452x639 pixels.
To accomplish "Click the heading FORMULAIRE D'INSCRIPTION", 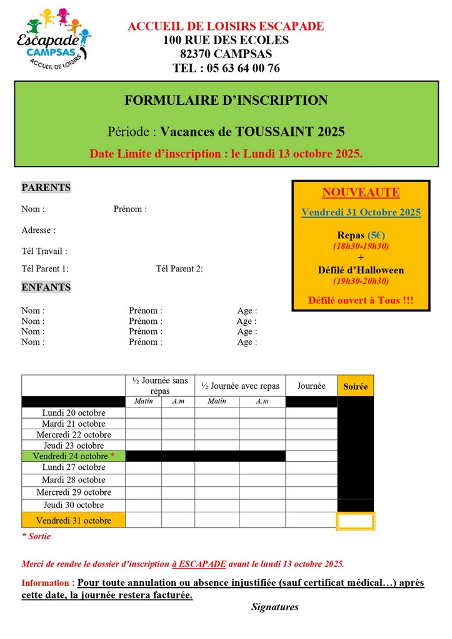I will point(226,100).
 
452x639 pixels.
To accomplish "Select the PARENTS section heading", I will point(46,187).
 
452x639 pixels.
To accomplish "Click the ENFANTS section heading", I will point(46,287).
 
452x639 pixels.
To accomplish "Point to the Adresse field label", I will point(38,230).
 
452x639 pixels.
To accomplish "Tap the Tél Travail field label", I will point(44,251).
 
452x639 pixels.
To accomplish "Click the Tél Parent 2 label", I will point(179,269).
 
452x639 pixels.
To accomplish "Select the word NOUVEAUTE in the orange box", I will point(361,192).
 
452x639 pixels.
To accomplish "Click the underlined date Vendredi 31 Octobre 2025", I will point(361,212).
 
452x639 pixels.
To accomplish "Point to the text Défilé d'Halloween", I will point(361,270).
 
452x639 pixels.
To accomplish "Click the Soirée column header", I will point(355,387).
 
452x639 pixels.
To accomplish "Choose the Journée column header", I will point(311,386).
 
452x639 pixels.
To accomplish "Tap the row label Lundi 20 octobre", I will point(74,412).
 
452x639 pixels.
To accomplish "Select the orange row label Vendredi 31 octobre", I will point(74,520).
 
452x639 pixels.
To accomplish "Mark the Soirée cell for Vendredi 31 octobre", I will point(355,520).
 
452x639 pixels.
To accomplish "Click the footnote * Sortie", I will point(36,536).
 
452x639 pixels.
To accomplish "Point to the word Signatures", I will point(275,607).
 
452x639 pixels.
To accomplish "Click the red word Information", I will point(45,583).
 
